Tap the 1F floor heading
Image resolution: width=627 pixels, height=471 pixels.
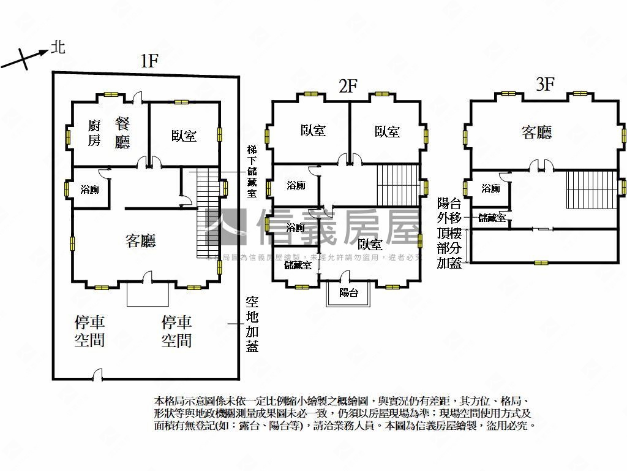(x=149, y=61)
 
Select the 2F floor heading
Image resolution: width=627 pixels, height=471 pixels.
(x=348, y=86)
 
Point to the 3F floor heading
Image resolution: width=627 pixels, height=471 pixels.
(x=544, y=84)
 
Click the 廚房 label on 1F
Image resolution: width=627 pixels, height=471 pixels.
(x=94, y=133)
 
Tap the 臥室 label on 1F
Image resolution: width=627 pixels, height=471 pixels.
(x=184, y=136)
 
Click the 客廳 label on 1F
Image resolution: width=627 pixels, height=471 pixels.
(x=140, y=240)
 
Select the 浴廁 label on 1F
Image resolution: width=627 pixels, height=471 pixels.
(x=90, y=190)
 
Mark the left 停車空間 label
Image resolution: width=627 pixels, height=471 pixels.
(x=89, y=331)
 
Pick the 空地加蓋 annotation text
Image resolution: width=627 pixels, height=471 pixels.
(x=252, y=323)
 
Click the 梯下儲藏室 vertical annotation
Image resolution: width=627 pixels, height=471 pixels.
(x=252, y=171)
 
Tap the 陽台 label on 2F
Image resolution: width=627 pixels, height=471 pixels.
(x=348, y=293)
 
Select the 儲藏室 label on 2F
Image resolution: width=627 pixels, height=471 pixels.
(x=298, y=266)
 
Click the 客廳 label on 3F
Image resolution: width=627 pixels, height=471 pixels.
(x=536, y=132)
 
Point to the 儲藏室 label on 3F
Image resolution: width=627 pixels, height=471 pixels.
(x=492, y=217)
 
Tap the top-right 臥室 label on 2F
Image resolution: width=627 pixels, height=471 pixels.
(x=387, y=131)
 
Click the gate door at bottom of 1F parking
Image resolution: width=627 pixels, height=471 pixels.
(x=97, y=373)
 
